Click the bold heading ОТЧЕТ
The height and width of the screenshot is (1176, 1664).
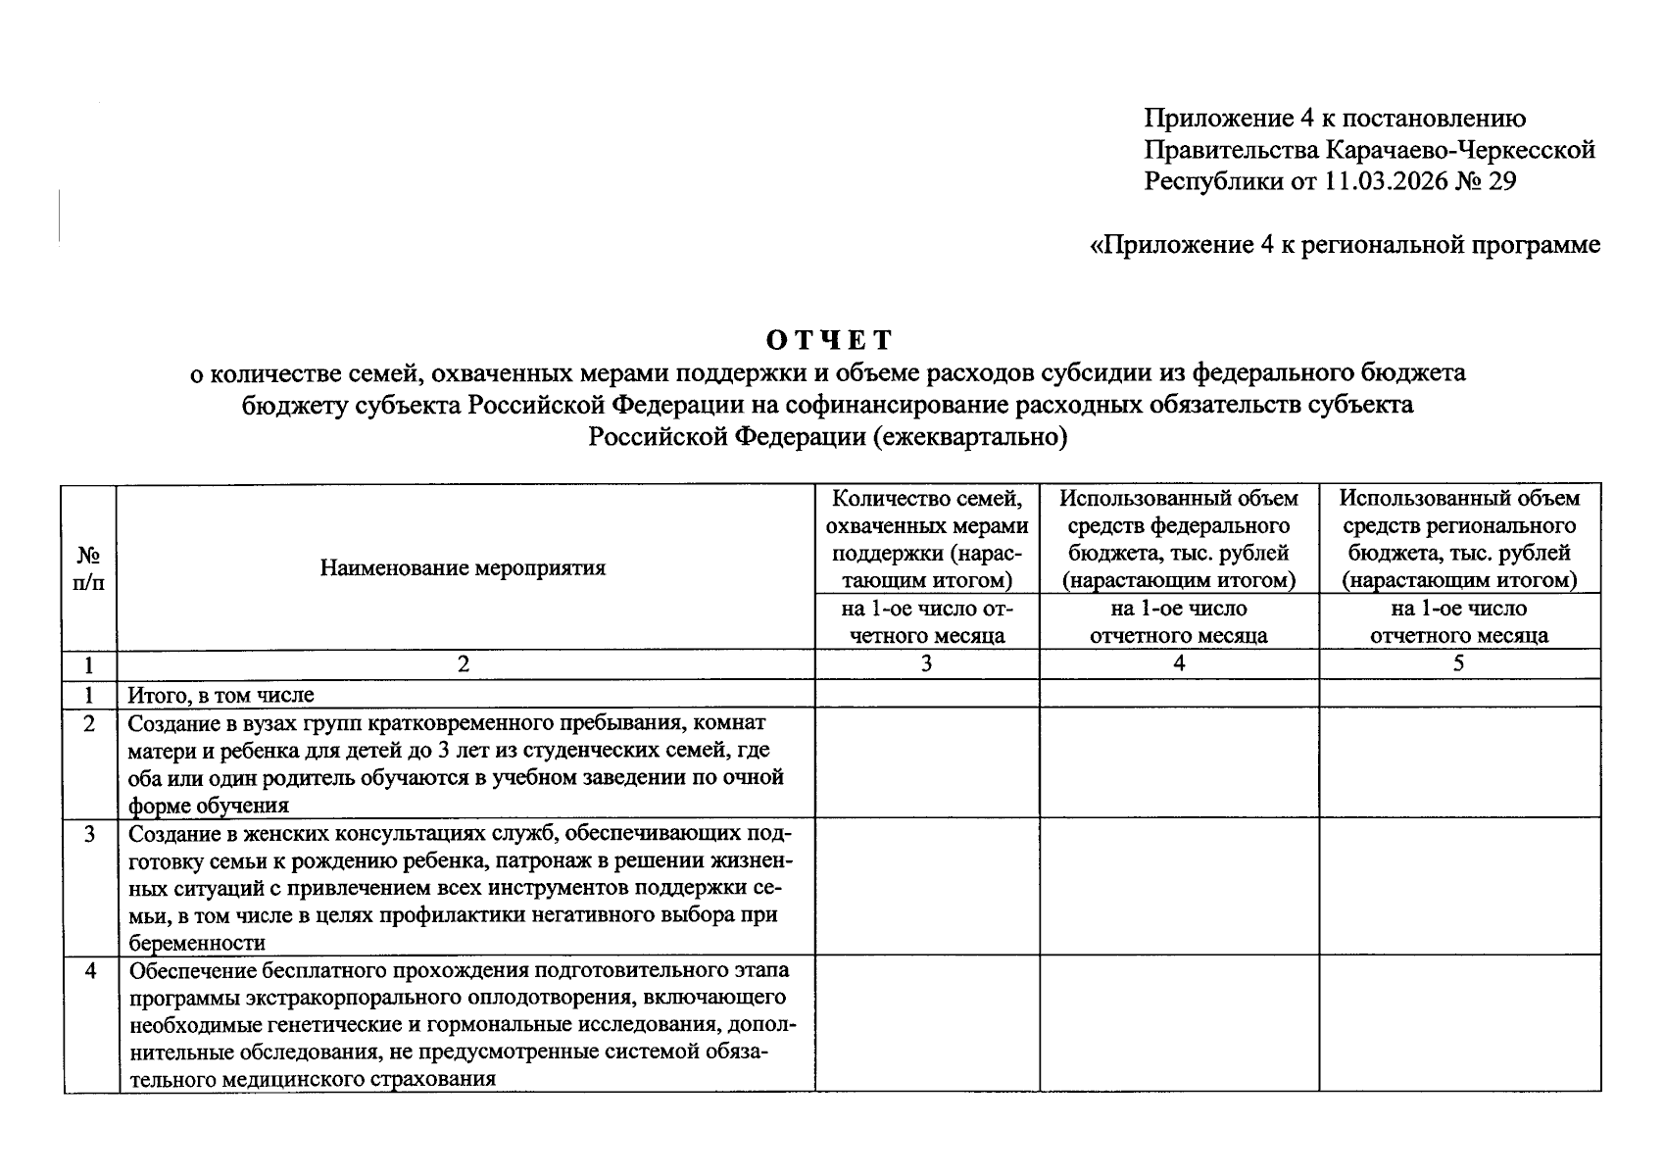click(x=829, y=340)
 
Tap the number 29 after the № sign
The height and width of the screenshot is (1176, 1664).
click(x=1501, y=181)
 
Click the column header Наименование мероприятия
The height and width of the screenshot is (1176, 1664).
click(x=463, y=567)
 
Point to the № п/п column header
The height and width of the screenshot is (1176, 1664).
click(x=89, y=567)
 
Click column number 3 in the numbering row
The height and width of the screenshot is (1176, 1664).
click(x=926, y=663)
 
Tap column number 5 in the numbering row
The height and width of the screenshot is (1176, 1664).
click(x=1458, y=663)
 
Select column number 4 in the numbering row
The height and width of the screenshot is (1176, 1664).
click(x=1179, y=663)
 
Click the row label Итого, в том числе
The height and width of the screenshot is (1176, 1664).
click(x=221, y=695)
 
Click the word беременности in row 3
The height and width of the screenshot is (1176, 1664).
click(x=196, y=943)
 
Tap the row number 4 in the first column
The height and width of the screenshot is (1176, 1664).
click(x=90, y=972)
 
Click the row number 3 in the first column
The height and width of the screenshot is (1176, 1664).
click(x=90, y=835)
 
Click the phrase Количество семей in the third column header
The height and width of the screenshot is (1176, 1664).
click(x=926, y=498)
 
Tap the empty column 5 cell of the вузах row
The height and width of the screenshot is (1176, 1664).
click(x=1458, y=761)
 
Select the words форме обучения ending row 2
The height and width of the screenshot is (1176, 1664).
click(x=209, y=806)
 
